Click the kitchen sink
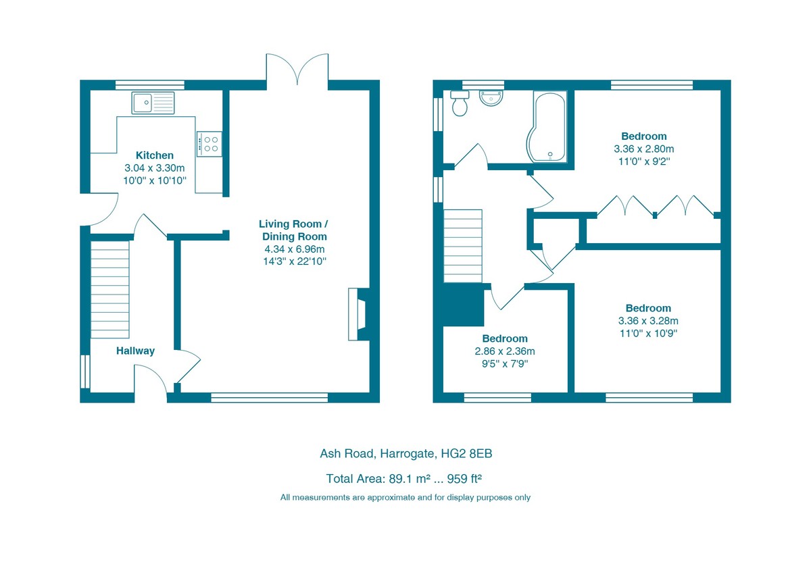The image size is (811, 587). point(153,103)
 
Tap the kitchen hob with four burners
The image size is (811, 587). point(210,143)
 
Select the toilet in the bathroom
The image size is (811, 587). point(460,104)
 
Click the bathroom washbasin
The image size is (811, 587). point(491,97)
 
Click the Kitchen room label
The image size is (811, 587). point(154,155)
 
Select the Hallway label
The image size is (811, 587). point(135,351)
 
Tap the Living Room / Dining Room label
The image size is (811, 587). point(295,230)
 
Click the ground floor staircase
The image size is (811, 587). point(109,289)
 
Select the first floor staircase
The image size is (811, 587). point(463,245)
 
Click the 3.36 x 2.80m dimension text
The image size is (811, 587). point(643,149)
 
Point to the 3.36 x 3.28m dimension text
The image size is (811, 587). point(647,321)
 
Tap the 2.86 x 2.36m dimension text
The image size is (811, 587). point(504,351)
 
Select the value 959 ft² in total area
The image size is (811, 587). point(462,479)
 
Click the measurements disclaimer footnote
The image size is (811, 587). point(405,497)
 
